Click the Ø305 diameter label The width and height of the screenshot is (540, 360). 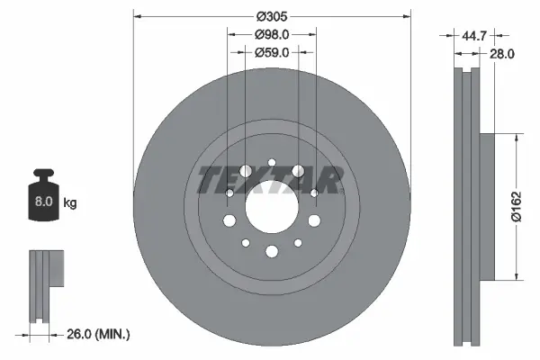pyautogui.click(x=271, y=16)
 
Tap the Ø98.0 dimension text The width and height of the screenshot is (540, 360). pyautogui.click(x=271, y=34)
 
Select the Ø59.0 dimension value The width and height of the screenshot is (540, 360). pyautogui.click(x=271, y=52)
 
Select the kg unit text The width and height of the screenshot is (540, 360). pyautogui.click(x=70, y=203)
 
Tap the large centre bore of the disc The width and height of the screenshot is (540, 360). pyautogui.click(x=271, y=207)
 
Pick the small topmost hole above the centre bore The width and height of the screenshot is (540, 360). pyautogui.click(x=271, y=162)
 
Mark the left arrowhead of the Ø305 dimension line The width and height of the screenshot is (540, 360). pyautogui.click(x=137, y=16)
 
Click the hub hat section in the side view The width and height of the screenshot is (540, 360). pyautogui.click(x=486, y=207)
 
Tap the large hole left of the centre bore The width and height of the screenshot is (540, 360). pyautogui.click(x=229, y=221)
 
